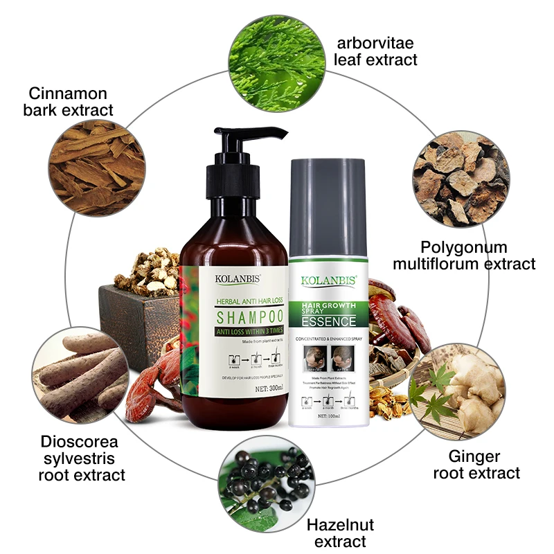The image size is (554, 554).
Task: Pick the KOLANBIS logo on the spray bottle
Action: (329, 281)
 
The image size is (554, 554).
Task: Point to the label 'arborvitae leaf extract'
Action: (375, 50)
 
